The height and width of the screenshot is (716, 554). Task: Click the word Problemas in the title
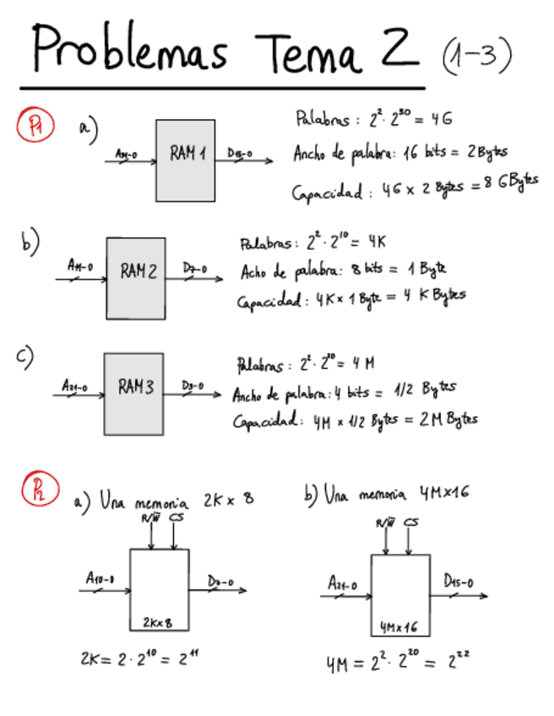pyautogui.click(x=131, y=49)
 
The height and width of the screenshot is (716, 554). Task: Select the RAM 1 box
pyautogui.click(x=185, y=160)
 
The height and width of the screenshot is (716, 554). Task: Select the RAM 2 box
pyautogui.click(x=135, y=277)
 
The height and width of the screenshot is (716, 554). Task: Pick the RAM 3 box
pyautogui.click(x=133, y=393)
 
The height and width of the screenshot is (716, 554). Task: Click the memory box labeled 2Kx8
pyautogui.click(x=159, y=589)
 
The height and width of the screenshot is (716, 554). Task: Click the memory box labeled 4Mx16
pyautogui.click(x=400, y=594)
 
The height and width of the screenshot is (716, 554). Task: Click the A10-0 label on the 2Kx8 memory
pyautogui.click(x=100, y=578)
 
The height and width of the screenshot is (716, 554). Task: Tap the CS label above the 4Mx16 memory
pyautogui.click(x=411, y=524)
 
